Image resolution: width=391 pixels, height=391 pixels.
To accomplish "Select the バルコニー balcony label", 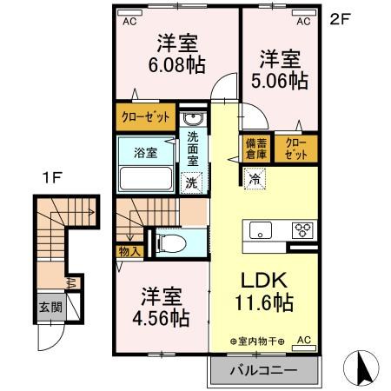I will pos(263,371).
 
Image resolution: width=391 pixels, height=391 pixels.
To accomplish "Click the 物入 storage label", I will pos(127,250).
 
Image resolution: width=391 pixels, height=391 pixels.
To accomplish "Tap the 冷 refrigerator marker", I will pos(255,179).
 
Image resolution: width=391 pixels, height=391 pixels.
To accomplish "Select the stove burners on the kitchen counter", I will pos(304,230).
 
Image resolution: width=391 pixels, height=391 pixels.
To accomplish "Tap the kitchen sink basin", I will pos(261,230).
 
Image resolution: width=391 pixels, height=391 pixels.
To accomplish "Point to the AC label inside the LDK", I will pos(304,340).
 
